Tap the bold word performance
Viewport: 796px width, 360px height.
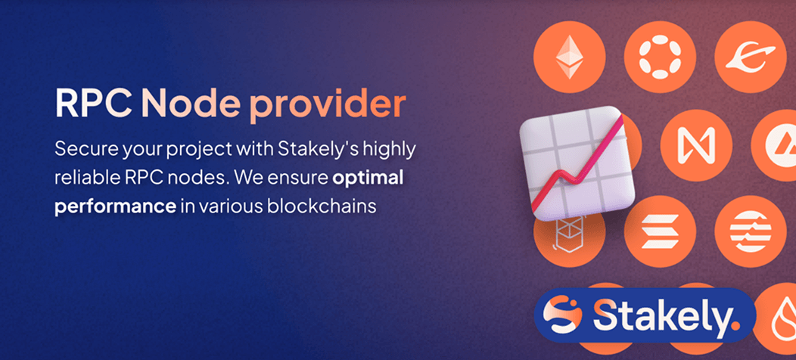pos(115,208)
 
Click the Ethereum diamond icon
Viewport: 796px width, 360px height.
pos(570,57)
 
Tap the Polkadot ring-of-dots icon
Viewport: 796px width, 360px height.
pos(660,57)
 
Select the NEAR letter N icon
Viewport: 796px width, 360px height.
pos(696,145)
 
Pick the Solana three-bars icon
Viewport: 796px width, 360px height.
pos(660,231)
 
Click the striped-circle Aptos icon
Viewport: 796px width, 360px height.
pos(751,231)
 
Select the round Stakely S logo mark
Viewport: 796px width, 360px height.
pos(562,315)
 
